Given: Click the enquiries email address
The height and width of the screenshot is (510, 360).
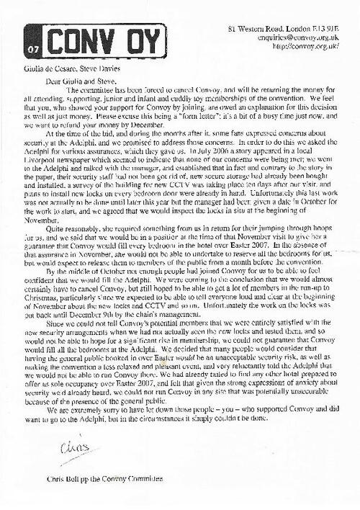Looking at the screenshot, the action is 303,19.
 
